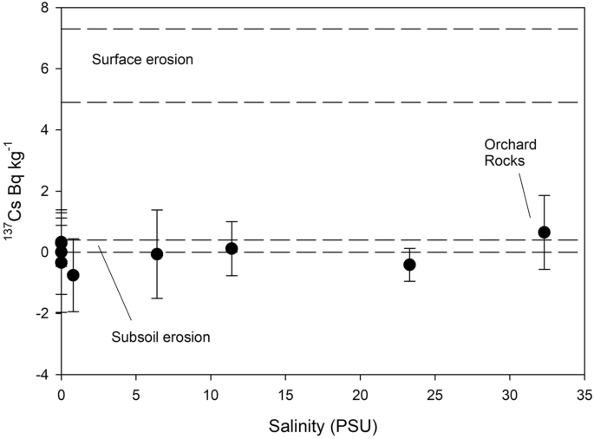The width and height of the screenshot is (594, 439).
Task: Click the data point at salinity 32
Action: [x=544, y=233]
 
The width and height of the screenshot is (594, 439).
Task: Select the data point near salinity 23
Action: [x=409, y=265]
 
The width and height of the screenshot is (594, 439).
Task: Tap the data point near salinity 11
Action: [x=232, y=249]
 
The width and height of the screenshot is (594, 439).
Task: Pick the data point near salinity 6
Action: [x=157, y=254]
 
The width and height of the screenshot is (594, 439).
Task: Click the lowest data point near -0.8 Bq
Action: [x=73, y=275]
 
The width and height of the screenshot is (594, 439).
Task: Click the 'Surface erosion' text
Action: [x=142, y=61]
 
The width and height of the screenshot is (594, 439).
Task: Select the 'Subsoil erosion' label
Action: [x=160, y=337]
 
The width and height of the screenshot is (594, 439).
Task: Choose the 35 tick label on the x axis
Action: [x=583, y=391]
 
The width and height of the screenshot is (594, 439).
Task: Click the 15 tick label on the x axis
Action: [x=284, y=391]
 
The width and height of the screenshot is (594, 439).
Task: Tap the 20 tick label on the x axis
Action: [x=359, y=391]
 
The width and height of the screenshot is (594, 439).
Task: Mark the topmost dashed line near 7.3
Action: [x=321, y=29]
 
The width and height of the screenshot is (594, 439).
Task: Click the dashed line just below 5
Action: [x=321, y=102]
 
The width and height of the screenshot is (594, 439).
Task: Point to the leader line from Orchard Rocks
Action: [x=525, y=195]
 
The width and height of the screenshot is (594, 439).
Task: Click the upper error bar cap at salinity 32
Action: [x=544, y=195]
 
